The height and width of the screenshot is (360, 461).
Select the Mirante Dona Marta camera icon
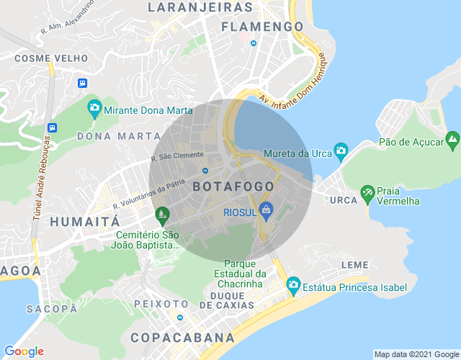(94, 110)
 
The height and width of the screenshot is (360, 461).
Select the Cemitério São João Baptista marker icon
(161, 215)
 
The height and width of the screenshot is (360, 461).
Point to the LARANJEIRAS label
(200, 7)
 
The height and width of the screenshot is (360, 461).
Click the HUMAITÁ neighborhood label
(84, 222)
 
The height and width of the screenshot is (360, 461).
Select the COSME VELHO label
(51, 58)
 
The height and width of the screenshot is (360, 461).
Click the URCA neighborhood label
(344, 199)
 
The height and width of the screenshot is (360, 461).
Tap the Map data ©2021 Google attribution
(416, 354)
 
